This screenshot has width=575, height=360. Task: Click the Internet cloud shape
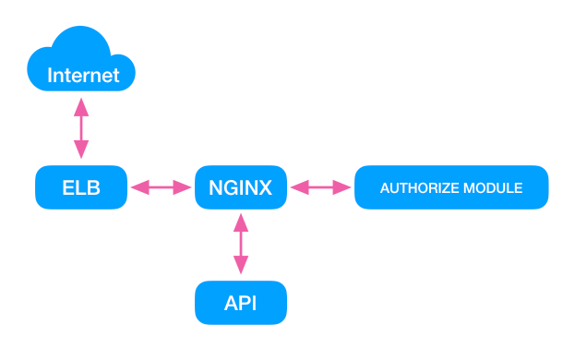tap(81, 61)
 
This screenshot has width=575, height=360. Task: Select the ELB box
tap(81, 188)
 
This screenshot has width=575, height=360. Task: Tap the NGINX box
tap(240, 188)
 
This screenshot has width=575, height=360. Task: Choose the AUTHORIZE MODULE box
tap(451, 188)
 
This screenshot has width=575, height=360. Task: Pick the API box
tap(240, 303)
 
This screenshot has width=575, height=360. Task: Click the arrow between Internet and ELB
tap(81, 128)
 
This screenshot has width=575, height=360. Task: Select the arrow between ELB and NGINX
tap(161, 188)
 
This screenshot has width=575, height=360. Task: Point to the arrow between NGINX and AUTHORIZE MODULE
tap(321, 188)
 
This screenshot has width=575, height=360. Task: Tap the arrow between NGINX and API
tap(240, 245)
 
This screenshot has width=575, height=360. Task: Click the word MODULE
tap(494, 188)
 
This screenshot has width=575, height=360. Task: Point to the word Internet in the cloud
tap(83, 76)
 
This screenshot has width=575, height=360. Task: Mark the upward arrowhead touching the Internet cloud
tap(81, 105)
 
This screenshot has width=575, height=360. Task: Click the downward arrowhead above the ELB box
tap(81, 151)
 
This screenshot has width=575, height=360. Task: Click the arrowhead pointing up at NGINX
tap(240, 222)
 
